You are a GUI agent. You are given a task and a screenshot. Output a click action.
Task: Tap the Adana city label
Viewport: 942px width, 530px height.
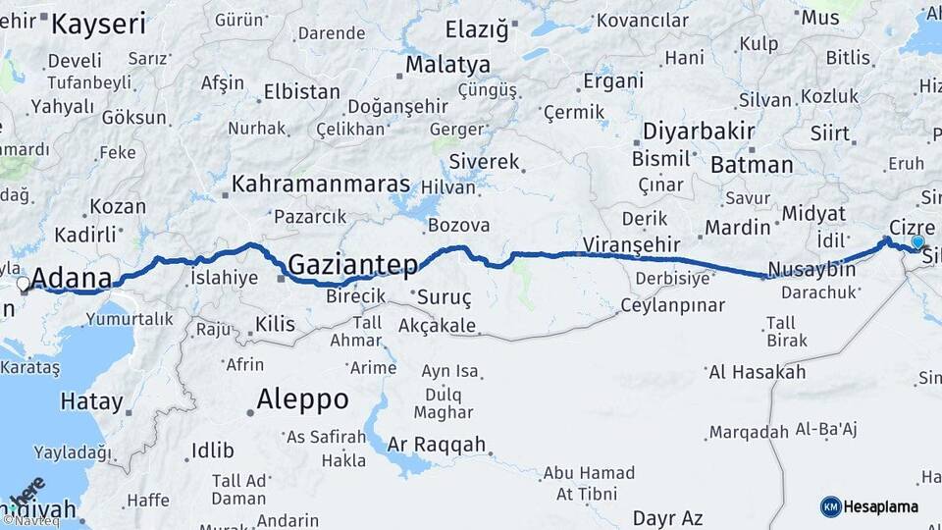[x=73, y=279]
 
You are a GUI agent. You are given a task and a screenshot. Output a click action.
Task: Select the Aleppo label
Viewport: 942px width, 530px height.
[x=302, y=399]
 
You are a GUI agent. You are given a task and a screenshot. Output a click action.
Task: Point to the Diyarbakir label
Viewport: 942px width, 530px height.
[x=698, y=132]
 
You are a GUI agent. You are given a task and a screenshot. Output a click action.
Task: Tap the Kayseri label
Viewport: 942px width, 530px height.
[x=98, y=25]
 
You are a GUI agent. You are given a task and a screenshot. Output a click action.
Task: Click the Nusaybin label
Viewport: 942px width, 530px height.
[x=811, y=269]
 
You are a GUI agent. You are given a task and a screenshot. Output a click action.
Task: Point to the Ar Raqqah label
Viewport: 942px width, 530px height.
[x=437, y=445]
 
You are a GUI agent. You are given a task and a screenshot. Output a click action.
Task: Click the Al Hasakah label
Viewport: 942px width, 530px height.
[x=757, y=372]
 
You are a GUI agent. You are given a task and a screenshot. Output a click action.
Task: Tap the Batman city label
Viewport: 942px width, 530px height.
[x=752, y=165]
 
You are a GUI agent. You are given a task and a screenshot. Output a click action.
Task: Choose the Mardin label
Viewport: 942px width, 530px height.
[x=738, y=228]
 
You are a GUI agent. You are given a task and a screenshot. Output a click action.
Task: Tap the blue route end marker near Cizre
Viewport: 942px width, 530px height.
[x=917, y=241]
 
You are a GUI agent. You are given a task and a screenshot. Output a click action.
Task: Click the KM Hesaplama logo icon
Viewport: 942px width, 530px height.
[x=830, y=506]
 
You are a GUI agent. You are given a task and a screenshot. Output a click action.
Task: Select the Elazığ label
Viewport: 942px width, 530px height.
[x=477, y=29]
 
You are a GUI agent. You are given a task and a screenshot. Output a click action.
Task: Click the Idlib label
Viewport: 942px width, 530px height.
[x=213, y=451]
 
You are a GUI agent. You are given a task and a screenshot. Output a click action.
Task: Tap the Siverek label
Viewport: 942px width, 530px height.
[x=485, y=161]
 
